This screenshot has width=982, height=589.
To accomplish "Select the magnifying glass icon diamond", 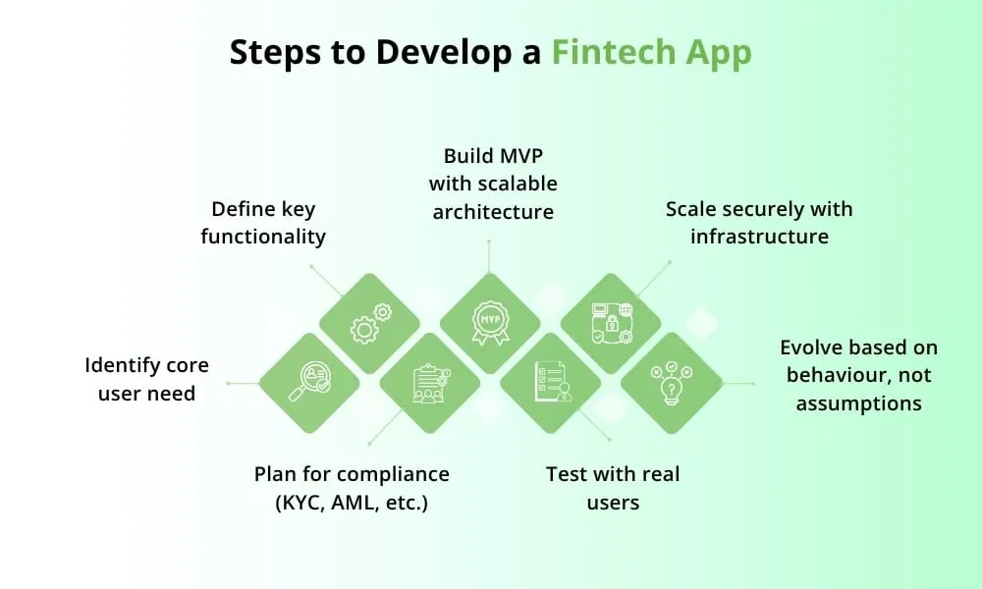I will (308, 383).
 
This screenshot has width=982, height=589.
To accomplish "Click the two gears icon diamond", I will (369, 323).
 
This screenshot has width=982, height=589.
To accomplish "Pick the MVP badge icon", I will (489, 323).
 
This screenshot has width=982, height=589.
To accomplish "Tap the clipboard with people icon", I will (428, 383).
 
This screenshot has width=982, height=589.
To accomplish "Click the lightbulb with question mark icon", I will (671, 383).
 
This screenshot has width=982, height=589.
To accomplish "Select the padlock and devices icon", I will (610, 323).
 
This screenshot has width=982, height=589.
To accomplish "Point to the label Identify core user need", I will (146, 379).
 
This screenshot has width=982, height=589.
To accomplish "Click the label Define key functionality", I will (263, 223).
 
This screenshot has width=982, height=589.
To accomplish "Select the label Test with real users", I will (612, 488).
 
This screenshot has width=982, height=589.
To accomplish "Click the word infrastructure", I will (759, 236).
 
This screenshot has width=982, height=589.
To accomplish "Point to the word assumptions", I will (858, 402).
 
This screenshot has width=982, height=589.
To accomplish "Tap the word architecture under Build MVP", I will (493, 211).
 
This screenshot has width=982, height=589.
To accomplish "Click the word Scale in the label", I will (692, 208).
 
